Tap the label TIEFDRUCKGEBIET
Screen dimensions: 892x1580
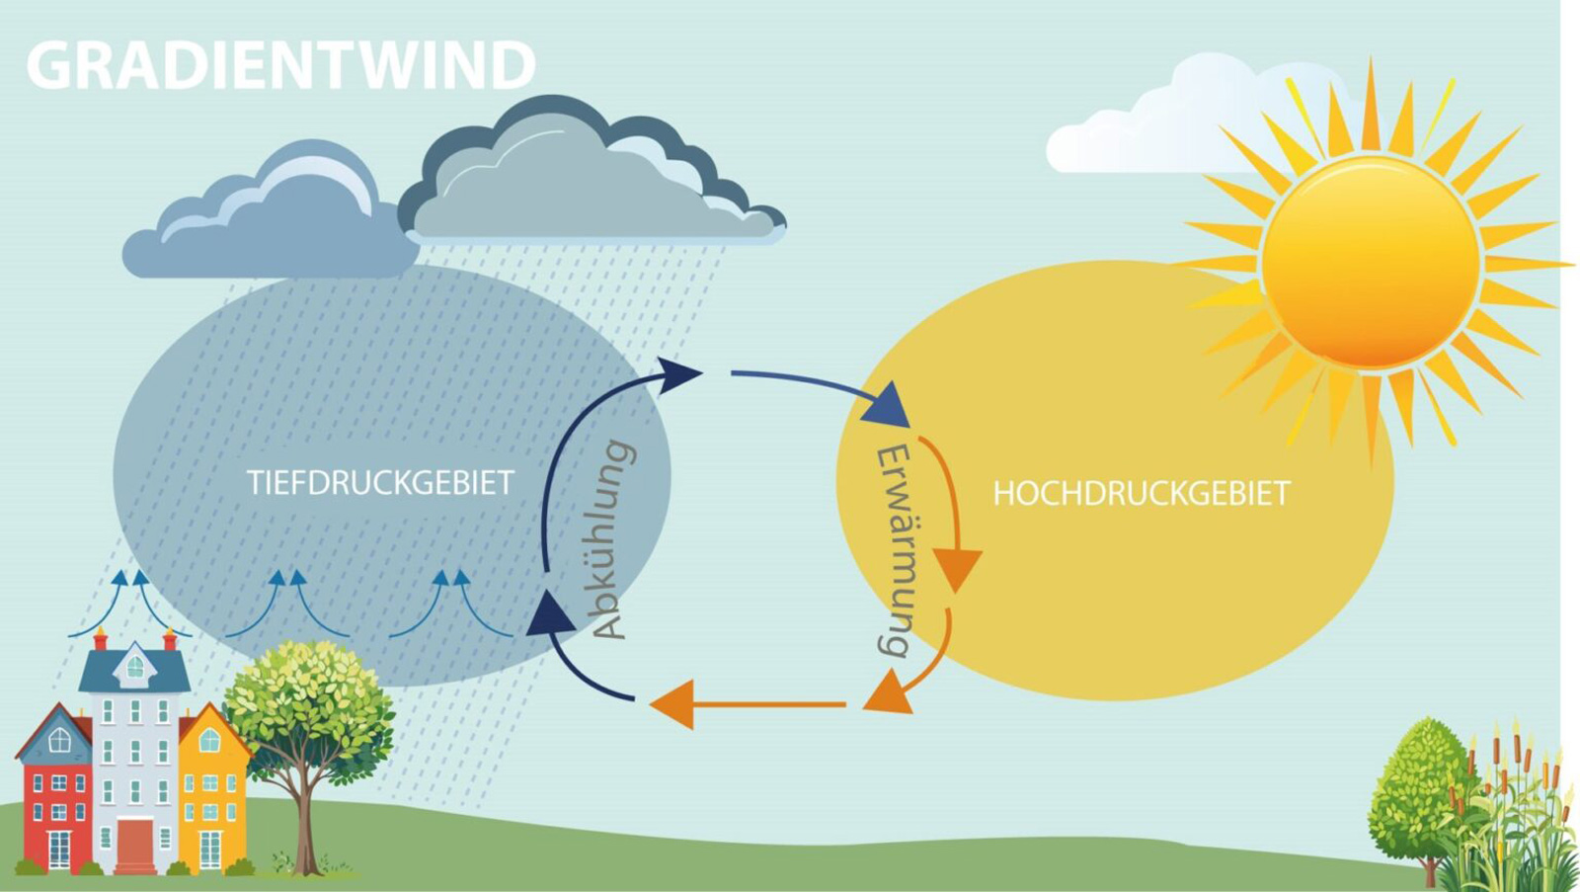(x=380, y=482)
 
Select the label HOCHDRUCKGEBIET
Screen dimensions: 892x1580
(x=1141, y=493)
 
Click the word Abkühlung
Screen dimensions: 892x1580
(x=611, y=539)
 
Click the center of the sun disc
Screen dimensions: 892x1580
(x=1371, y=263)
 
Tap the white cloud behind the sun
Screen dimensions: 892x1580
(x=1145, y=128)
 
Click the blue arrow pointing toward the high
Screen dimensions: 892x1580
(x=820, y=388)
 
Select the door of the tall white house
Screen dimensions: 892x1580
(x=135, y=845)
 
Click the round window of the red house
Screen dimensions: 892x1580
(x=59, y=740)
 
